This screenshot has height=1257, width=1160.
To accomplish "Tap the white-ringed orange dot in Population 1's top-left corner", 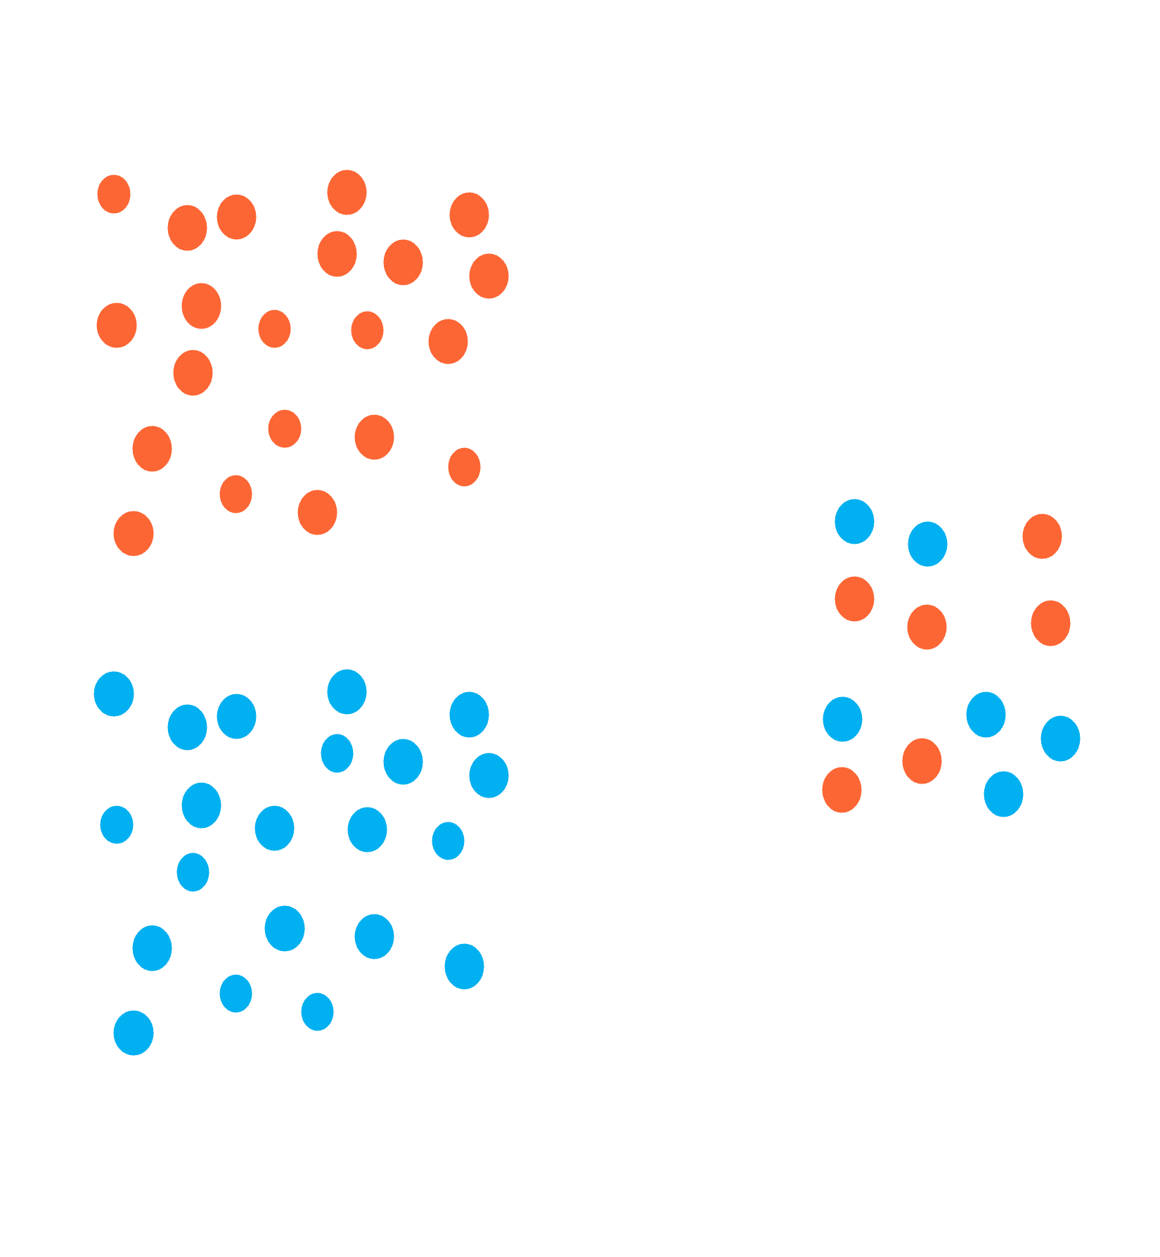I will click(x=114, y=194).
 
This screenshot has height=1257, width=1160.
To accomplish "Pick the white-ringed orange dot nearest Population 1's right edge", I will click(x=464, y=466).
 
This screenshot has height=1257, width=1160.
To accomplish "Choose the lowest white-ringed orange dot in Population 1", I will click(x=236, y=494).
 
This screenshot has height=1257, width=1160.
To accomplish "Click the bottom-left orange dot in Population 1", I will click(x=134, y=533).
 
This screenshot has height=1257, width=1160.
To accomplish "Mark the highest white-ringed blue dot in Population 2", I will click(x=337, y=753).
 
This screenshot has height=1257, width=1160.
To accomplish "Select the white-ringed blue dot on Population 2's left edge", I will click(x=117, y=824).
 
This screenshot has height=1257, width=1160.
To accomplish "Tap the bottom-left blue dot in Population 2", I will click(x=134, y=1033).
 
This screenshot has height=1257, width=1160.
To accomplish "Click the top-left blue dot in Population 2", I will click(x=114, y=694).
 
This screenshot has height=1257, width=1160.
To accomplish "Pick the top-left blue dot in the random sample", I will click(x=854, y=521).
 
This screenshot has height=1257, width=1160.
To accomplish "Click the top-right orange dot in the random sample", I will click(x=1042, y=536).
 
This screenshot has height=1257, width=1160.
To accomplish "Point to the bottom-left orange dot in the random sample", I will click(x=842, y=789).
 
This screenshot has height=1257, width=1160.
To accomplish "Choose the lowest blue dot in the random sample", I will click(x=1003, y=794).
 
